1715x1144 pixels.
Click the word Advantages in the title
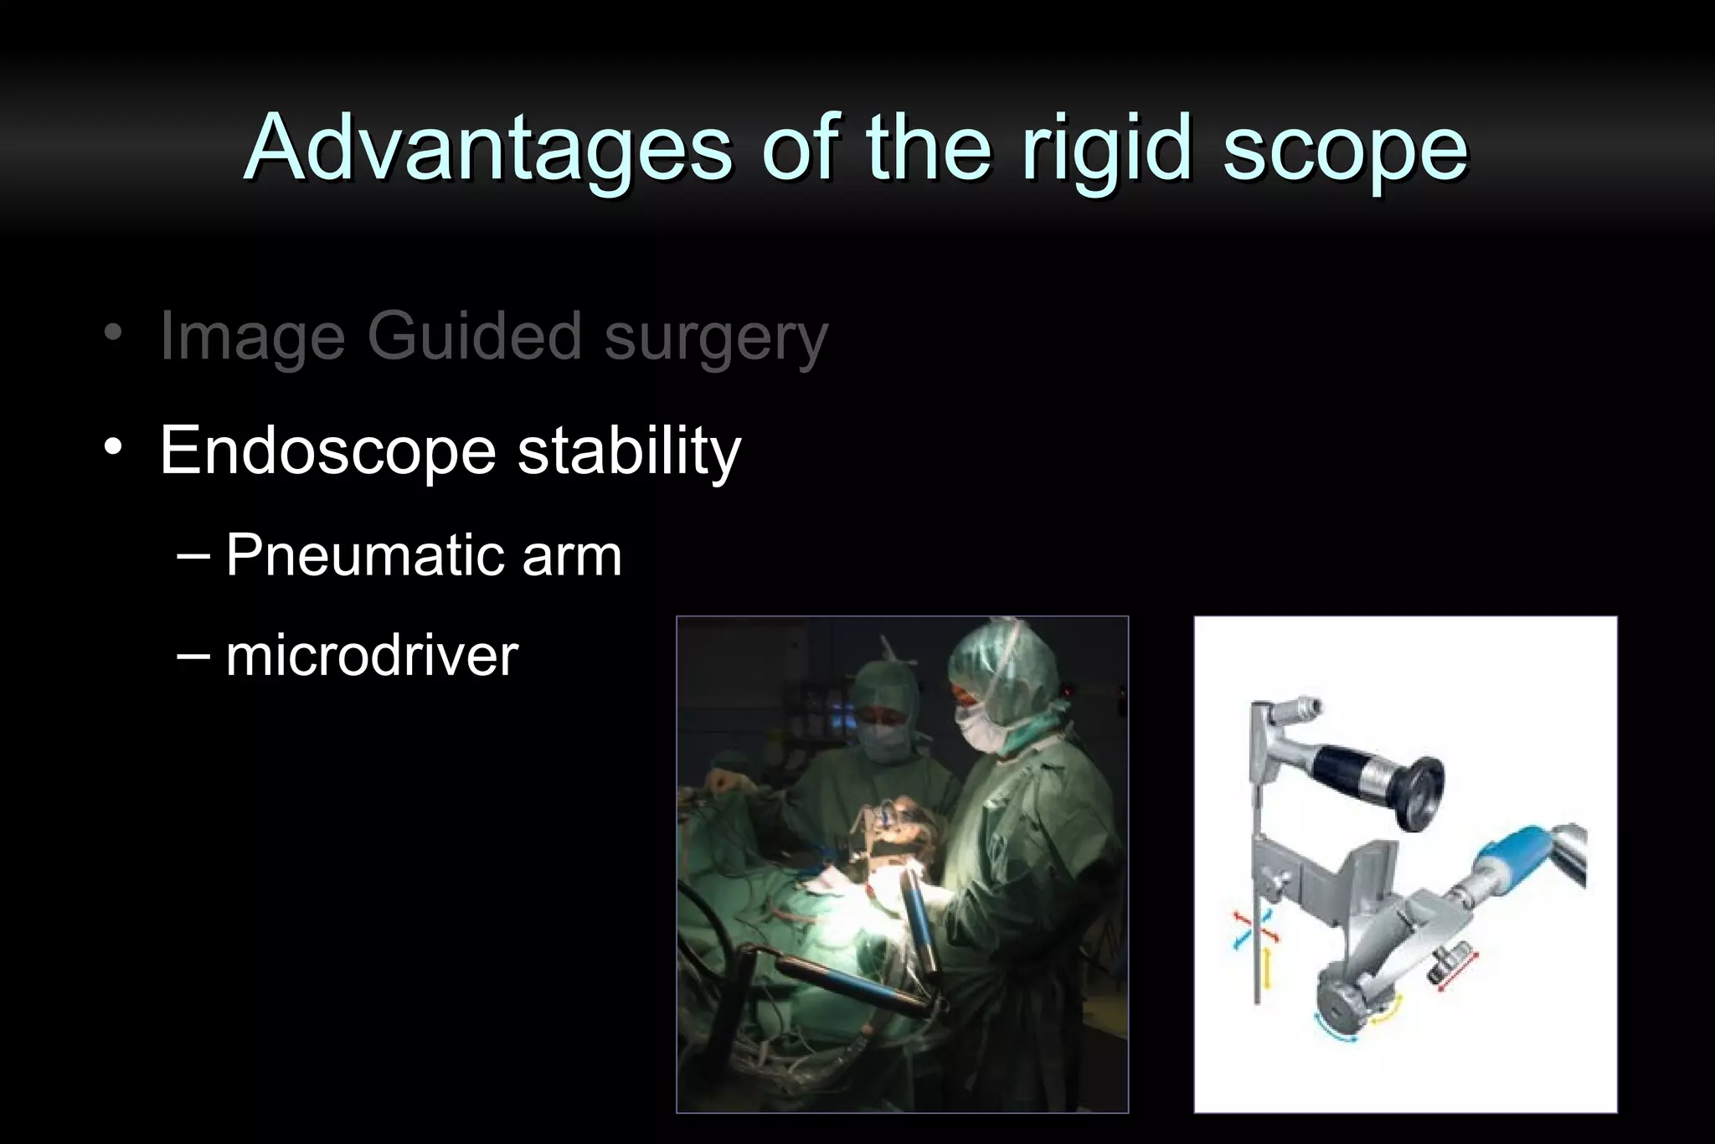[489, 148]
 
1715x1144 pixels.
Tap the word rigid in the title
[1106, 148]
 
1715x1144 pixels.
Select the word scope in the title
[1345, 148]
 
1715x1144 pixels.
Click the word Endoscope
[327, 451]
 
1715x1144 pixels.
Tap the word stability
[629, 451]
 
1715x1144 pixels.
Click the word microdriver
[372, 655]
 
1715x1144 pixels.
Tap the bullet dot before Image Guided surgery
[114, 332]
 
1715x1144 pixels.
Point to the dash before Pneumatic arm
[193, 556]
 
